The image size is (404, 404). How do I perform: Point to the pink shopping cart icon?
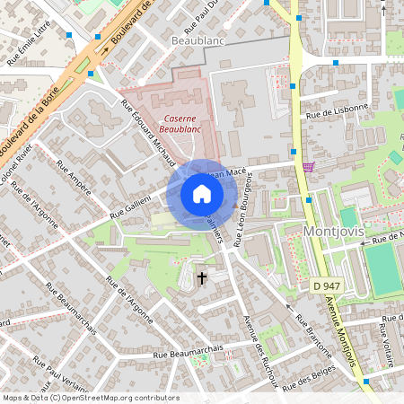309,166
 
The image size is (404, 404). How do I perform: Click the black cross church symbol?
201,278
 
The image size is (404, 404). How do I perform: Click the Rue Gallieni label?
131,206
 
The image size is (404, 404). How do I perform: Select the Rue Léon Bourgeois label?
242,210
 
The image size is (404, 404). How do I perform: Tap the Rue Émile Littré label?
27,48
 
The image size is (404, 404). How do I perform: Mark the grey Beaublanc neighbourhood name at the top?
197,41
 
